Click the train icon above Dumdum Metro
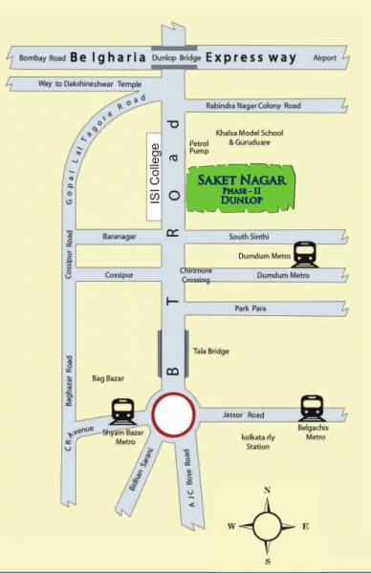pyautogui.click(x=305, y=253)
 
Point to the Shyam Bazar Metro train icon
pyautogui.click(x=121, y=411)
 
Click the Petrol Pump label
pyautogui.click(x=200, y=146)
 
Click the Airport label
pyautogui.click(x=325, y=59)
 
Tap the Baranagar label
pyautogui.click(x=120, y=236)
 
